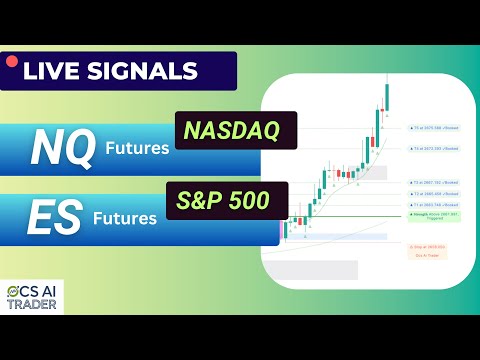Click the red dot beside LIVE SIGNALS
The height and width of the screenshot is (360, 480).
(12, 62)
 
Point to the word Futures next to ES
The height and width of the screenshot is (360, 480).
(126, 217)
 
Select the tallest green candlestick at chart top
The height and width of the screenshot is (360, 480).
(386, 97)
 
